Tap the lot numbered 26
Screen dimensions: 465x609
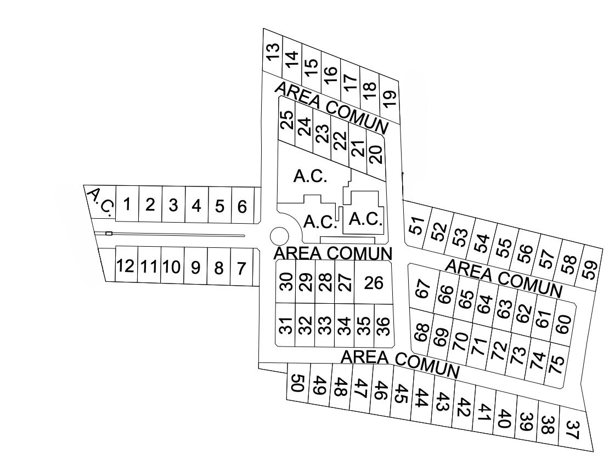pyautogui.click(x=373, y=283)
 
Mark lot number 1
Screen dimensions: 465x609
pyautogui.click(x=127, y=205)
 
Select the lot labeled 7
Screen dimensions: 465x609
pyautogui.click(x=241, y=269)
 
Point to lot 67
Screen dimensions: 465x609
pyautogui.click(x=422, y=288)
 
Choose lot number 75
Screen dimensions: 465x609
pyautogui.click(x=558, y=365)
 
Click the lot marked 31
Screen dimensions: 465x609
pyautogui.click(x=285, y=325)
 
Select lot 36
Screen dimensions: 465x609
pyautogui.click(x=384, y=326)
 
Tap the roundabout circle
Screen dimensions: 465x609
pyautogui.click(x=279, y=236)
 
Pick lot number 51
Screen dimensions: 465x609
pyautogui.click(x=418, y=226)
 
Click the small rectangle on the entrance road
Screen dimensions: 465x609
pyautogui.click(x=109, y=234)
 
